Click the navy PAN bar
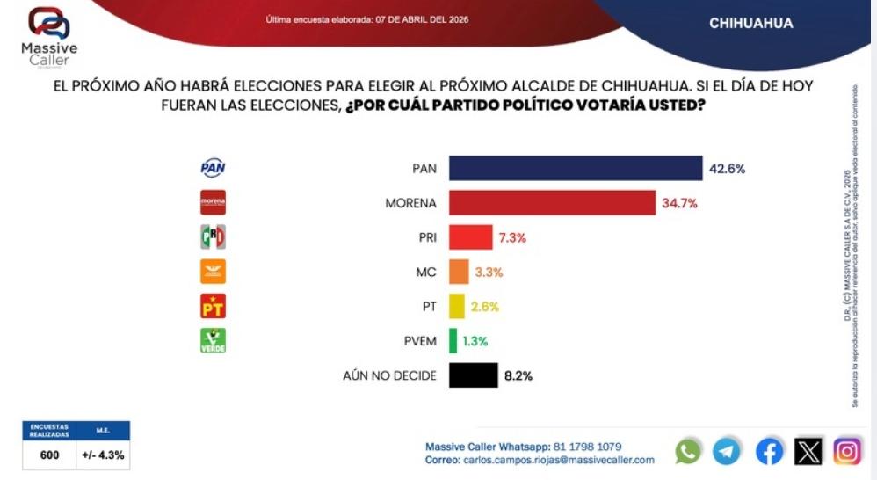pyautogui.click(x=576, y=169)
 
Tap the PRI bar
pyautogui.click(x=470, y=237)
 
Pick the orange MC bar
pyautogui.click(x=458, y=272)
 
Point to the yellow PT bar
pyautogui.click(x=456, y=306)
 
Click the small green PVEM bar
pyautogui.click(x=453, y=341)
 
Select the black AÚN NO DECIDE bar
pyautogui.click(x=473, y=375)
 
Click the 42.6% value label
pyautogui.click(x=728, y=169)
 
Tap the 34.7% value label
pyautogui.click(x=680, y=203)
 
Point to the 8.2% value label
pyautogui.click(x=518, y=375)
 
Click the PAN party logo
pyautogui.click(x=213, y=168)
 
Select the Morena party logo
pyautogui.click(x=213, y=202)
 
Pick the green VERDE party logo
pyautogui.click(x=213, y=340)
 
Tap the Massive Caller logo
pyautogui.click(x=49, y=35)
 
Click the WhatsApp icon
pyautogui.click(x=688, y=451)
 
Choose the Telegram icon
pyautogui.click(x=727, y=451)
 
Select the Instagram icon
pyautogui.click(x=847, y=451)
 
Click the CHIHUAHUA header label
pyautogui.click(x=750, y=24)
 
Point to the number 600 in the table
pyautogui.click(x=49, y=455)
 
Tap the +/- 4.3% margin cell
pyautogui.click(x=103, y=455)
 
